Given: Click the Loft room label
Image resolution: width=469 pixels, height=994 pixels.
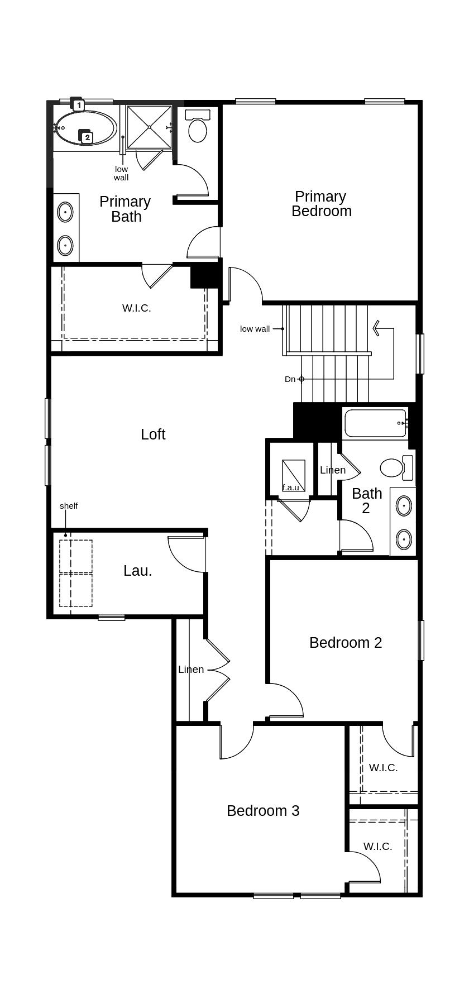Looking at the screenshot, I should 153,434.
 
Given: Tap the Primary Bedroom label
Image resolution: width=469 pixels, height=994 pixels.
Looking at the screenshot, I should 321,204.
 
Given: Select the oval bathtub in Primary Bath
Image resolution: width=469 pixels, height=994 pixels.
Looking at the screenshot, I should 85,128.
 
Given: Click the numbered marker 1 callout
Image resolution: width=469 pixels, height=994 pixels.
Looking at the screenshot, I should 79,104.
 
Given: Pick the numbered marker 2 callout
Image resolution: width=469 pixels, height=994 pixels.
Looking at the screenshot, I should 87,137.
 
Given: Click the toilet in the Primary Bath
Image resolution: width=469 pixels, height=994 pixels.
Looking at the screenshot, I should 197,128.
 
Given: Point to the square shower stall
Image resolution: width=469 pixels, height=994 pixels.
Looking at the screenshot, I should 149,127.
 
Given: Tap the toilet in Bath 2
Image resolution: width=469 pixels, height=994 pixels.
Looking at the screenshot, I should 393,467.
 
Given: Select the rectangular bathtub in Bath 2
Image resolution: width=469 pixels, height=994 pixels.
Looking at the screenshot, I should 375,424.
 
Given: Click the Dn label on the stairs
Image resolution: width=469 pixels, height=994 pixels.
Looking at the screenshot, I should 290,379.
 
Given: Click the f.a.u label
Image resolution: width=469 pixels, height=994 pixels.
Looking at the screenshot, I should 290,488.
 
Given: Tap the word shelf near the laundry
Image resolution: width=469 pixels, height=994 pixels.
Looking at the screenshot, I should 69,506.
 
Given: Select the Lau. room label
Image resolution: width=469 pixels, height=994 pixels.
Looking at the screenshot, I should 137,571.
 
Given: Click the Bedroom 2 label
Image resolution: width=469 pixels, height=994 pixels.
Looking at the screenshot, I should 346,643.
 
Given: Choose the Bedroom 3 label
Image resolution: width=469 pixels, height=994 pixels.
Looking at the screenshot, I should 263,811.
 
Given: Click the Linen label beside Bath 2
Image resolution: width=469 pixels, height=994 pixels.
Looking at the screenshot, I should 333,470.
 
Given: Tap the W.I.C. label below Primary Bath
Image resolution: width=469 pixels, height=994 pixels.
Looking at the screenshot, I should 136,308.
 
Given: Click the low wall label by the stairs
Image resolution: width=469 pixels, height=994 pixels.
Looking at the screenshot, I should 255,329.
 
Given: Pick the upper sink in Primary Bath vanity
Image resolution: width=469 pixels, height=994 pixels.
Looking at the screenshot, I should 65,212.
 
